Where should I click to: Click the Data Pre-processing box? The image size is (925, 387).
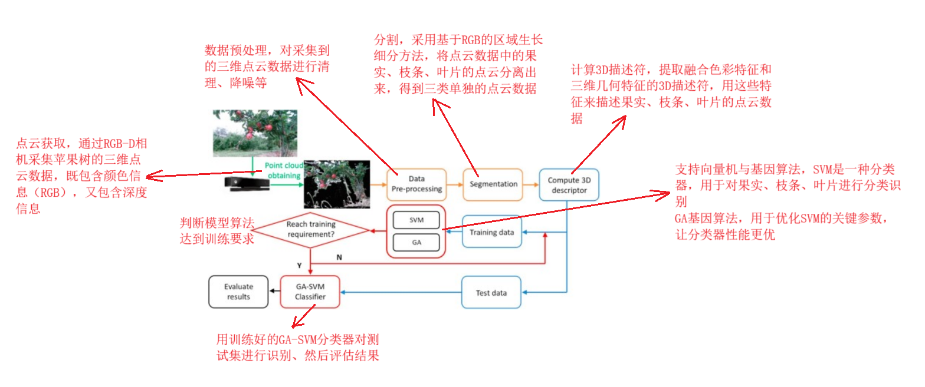416,184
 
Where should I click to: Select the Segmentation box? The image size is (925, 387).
493,184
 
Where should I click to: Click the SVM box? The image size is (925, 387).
416,220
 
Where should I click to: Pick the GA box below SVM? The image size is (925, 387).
416,242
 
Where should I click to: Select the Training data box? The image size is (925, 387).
491,232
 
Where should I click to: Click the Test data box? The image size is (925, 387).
491,292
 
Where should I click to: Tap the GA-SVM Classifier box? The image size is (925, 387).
310,292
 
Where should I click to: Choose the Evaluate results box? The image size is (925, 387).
238,292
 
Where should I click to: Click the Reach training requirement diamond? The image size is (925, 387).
311,229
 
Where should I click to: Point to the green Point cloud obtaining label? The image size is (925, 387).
284,171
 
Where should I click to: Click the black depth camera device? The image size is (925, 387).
248,184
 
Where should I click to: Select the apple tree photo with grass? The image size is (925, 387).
255,133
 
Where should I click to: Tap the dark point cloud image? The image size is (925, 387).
336,184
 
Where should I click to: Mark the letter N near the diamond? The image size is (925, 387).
339,257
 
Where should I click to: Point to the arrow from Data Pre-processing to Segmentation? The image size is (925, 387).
455,184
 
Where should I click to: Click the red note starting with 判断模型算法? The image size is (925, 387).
217,231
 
